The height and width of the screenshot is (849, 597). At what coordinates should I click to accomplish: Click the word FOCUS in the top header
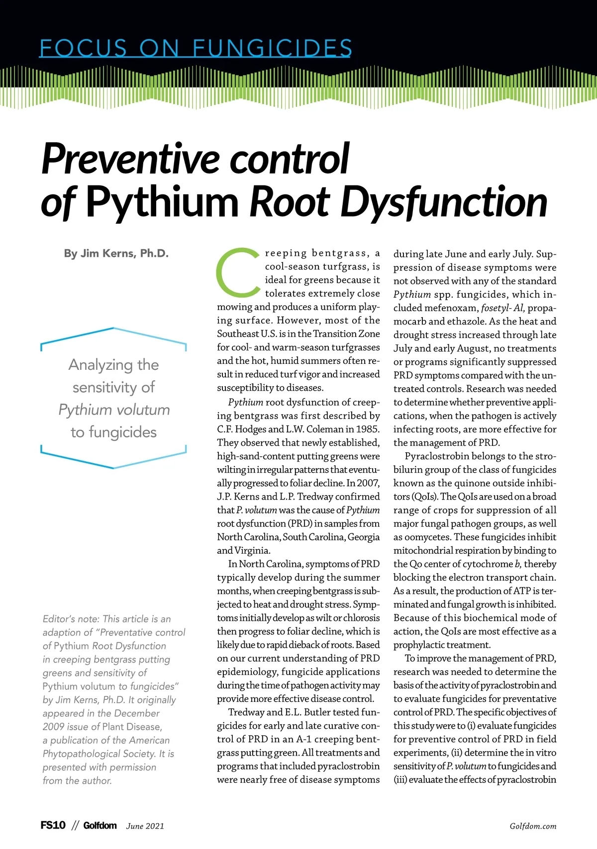(84, 48)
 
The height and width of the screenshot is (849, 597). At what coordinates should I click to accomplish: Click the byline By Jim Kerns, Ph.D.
(116, 254)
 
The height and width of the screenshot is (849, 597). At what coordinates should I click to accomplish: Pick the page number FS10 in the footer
(53, 825)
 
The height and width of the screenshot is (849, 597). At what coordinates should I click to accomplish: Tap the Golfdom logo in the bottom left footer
(100, 826)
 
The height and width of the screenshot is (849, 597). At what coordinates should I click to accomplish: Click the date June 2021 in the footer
(145, 826)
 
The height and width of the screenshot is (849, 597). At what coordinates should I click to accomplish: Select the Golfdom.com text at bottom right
(533, 826)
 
